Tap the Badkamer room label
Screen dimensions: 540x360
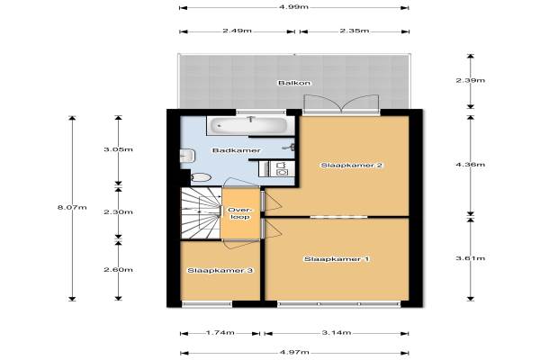[x=236, y=150]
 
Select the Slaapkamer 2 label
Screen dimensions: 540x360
[x=352, y=165]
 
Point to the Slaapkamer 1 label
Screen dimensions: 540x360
[x=337, y=258]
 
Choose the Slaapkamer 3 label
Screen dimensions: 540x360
[x=220, y=270]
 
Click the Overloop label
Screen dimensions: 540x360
[x=240, y=213]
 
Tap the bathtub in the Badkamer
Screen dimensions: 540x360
[x=250, y=126]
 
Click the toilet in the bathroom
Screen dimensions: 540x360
[x=201, y=178]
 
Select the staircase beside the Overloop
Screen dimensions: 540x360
[x=201, y=213]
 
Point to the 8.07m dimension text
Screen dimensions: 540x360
[x=72, y=207]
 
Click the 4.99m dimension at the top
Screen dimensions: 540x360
[x=293, y=7]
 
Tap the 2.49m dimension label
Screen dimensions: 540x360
[x=237, y=31]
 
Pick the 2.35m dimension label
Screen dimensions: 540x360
[x=355, y=31]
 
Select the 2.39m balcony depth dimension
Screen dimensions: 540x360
[x=471, y=80]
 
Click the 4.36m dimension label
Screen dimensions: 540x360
[x=471, y=165]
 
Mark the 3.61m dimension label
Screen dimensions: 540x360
[x=471, y=258]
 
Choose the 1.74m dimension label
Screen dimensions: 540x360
[x=220, y=332]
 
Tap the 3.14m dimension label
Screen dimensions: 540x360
[x=337, y=332]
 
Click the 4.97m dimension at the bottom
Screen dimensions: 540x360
[x=294, y=352]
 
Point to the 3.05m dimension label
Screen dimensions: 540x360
[x=119, y=149]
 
